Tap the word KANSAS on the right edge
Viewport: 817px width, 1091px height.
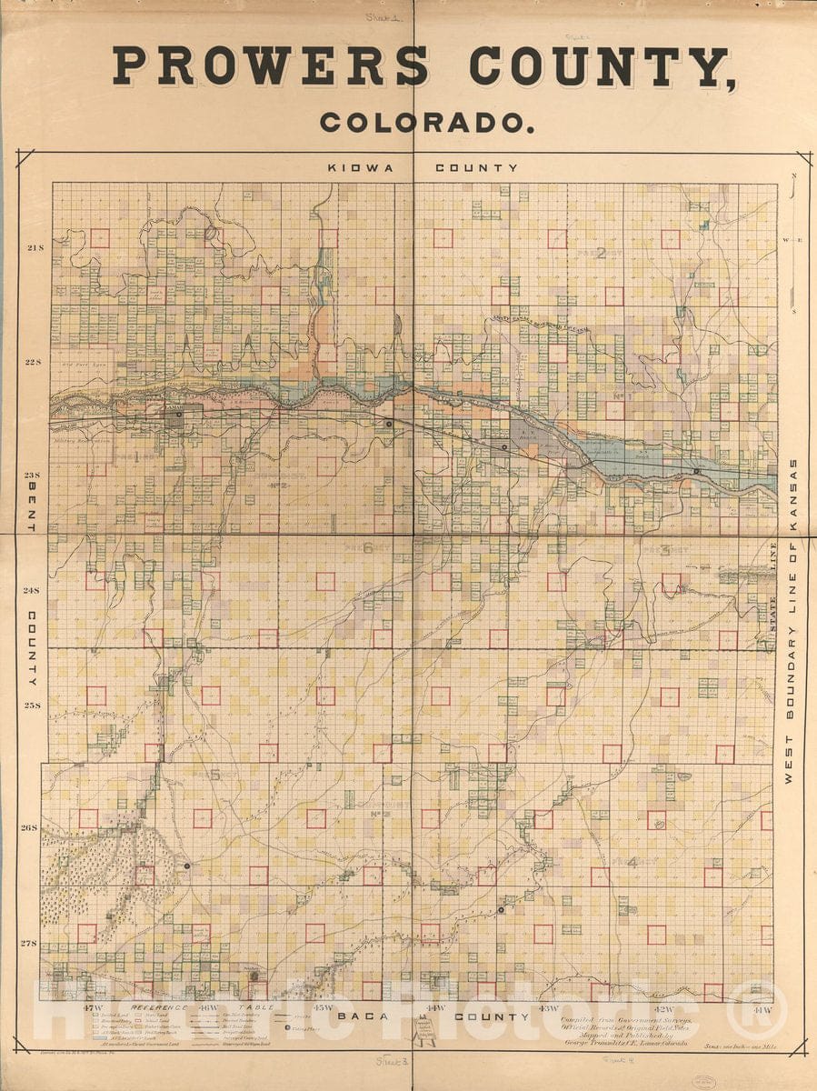click(x=792, y=497)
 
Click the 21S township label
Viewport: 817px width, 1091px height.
click(x=34, y=248)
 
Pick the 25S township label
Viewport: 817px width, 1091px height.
click(x=34, y=705)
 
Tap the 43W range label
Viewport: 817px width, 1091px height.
click(x=548, y=1008)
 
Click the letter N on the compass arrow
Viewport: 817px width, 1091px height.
click(x=793, y=175)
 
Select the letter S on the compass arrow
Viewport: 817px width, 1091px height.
click(x=793, y=311)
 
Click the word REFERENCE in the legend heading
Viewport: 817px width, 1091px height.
click(x=160, y=1008)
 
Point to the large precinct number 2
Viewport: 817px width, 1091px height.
click(x=601, y=253)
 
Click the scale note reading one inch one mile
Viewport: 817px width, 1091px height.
click(x=738, y=1047)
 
